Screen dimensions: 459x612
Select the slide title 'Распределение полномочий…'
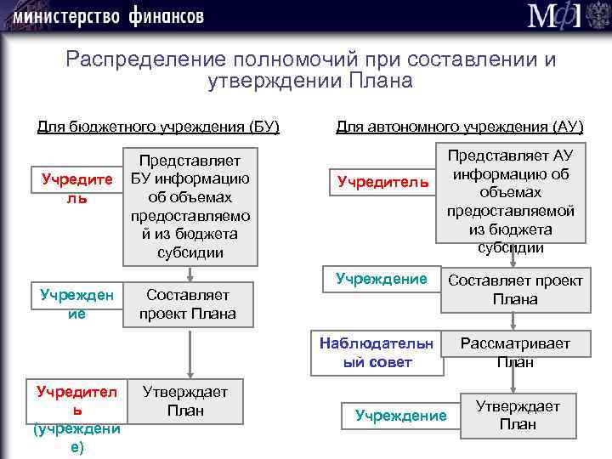(x=310, y=71)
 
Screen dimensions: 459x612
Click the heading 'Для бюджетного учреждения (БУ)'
(x=158, y=127)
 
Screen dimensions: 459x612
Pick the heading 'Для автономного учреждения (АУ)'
(x=459, y=127)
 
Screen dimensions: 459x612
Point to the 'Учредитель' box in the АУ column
(x=382, y=182)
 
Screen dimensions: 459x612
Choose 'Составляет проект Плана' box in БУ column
(x=188, y=304)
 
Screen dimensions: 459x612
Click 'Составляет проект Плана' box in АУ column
(x=515, y=290)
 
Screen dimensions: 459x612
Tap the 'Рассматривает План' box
(x=515, y=353)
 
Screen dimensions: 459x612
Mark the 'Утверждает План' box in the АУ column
(x=517, y=416)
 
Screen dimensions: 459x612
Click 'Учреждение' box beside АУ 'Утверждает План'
(x=400, y=416)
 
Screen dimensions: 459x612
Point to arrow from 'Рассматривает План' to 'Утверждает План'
(x=513, y=382)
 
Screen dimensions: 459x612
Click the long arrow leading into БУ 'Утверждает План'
(x=187, y=353)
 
